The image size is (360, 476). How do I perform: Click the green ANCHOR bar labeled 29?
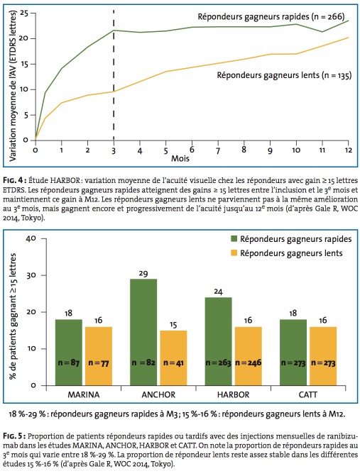pyautogui.click(x=143, y=332)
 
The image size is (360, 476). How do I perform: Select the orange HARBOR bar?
pyautogui.click(x=249, y=356)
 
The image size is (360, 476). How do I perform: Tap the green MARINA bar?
pyautogui.click(x=69, y=353)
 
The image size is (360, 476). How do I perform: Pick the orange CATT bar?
pyautogui.click(x=323, y=356)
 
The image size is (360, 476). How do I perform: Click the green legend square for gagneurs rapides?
pyautogui.click(x=234, y=239)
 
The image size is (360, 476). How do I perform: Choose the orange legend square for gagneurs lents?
pyautogui.click(x=234, y=253)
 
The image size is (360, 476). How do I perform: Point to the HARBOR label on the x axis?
pyautogui.click(x=233, y=394)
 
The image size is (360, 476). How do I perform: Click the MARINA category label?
pyautogui.click(x=84, y=394)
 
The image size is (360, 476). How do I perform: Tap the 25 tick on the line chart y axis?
pyautogui.click(x=23, y=13)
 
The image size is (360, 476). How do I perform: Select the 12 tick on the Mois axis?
pyautogui.click(x=349, y=150)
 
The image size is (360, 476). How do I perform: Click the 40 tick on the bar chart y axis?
pyautogui.click(x=31, y=238)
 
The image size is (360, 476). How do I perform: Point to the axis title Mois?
pyautogui.click(x=180, y=158)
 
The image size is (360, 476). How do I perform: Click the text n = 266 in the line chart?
pyautogui.click(x=327, y=16)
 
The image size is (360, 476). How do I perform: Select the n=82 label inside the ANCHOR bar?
pyautogui.click(x=143, y=362)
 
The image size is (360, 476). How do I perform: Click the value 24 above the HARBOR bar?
pyautogui.click(x=219, y=292)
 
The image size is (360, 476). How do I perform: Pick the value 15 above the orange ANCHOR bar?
pyautogui.click(x=173, y=325)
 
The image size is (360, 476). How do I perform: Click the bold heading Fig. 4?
pyautogui.click(x=13, y=181)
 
